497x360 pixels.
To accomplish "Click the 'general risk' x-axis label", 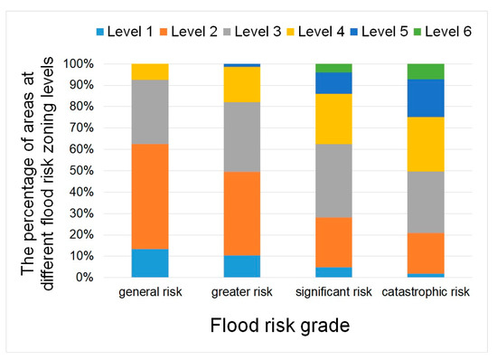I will [149, 292].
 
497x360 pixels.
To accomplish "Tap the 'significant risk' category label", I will [333, 292].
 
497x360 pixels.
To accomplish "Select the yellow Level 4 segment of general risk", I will [149, 71].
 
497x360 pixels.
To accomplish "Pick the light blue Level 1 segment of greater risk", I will [241, 266].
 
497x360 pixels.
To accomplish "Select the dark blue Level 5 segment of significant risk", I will [333, 82].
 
